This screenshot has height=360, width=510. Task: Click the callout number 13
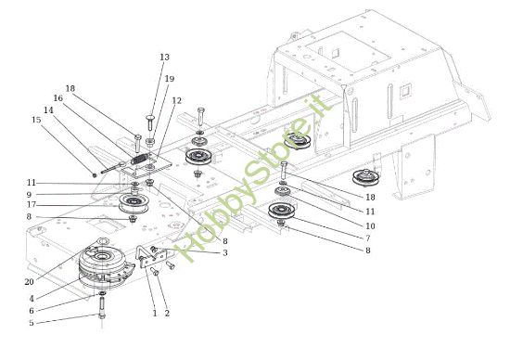coord(164,58)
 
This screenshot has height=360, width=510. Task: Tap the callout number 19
coord(169,79)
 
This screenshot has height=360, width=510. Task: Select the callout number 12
coord(176,100)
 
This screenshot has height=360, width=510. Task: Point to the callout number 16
coord(57,97)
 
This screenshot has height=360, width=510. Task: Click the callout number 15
coord(36,120)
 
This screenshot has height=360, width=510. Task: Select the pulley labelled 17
coord(135,204)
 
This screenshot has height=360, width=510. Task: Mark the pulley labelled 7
coord(279,212)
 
